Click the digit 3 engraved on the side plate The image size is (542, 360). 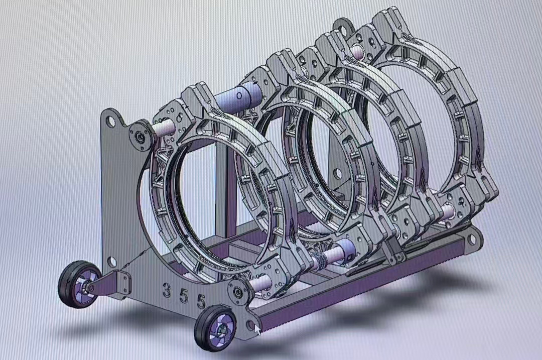click(166, 290)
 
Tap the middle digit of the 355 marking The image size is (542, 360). click(184, 296)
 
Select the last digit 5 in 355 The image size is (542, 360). click(201, 301)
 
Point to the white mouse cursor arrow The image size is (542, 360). click(257, 329)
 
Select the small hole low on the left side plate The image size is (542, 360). click(111, 261)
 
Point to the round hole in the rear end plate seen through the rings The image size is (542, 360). click(338, 174)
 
